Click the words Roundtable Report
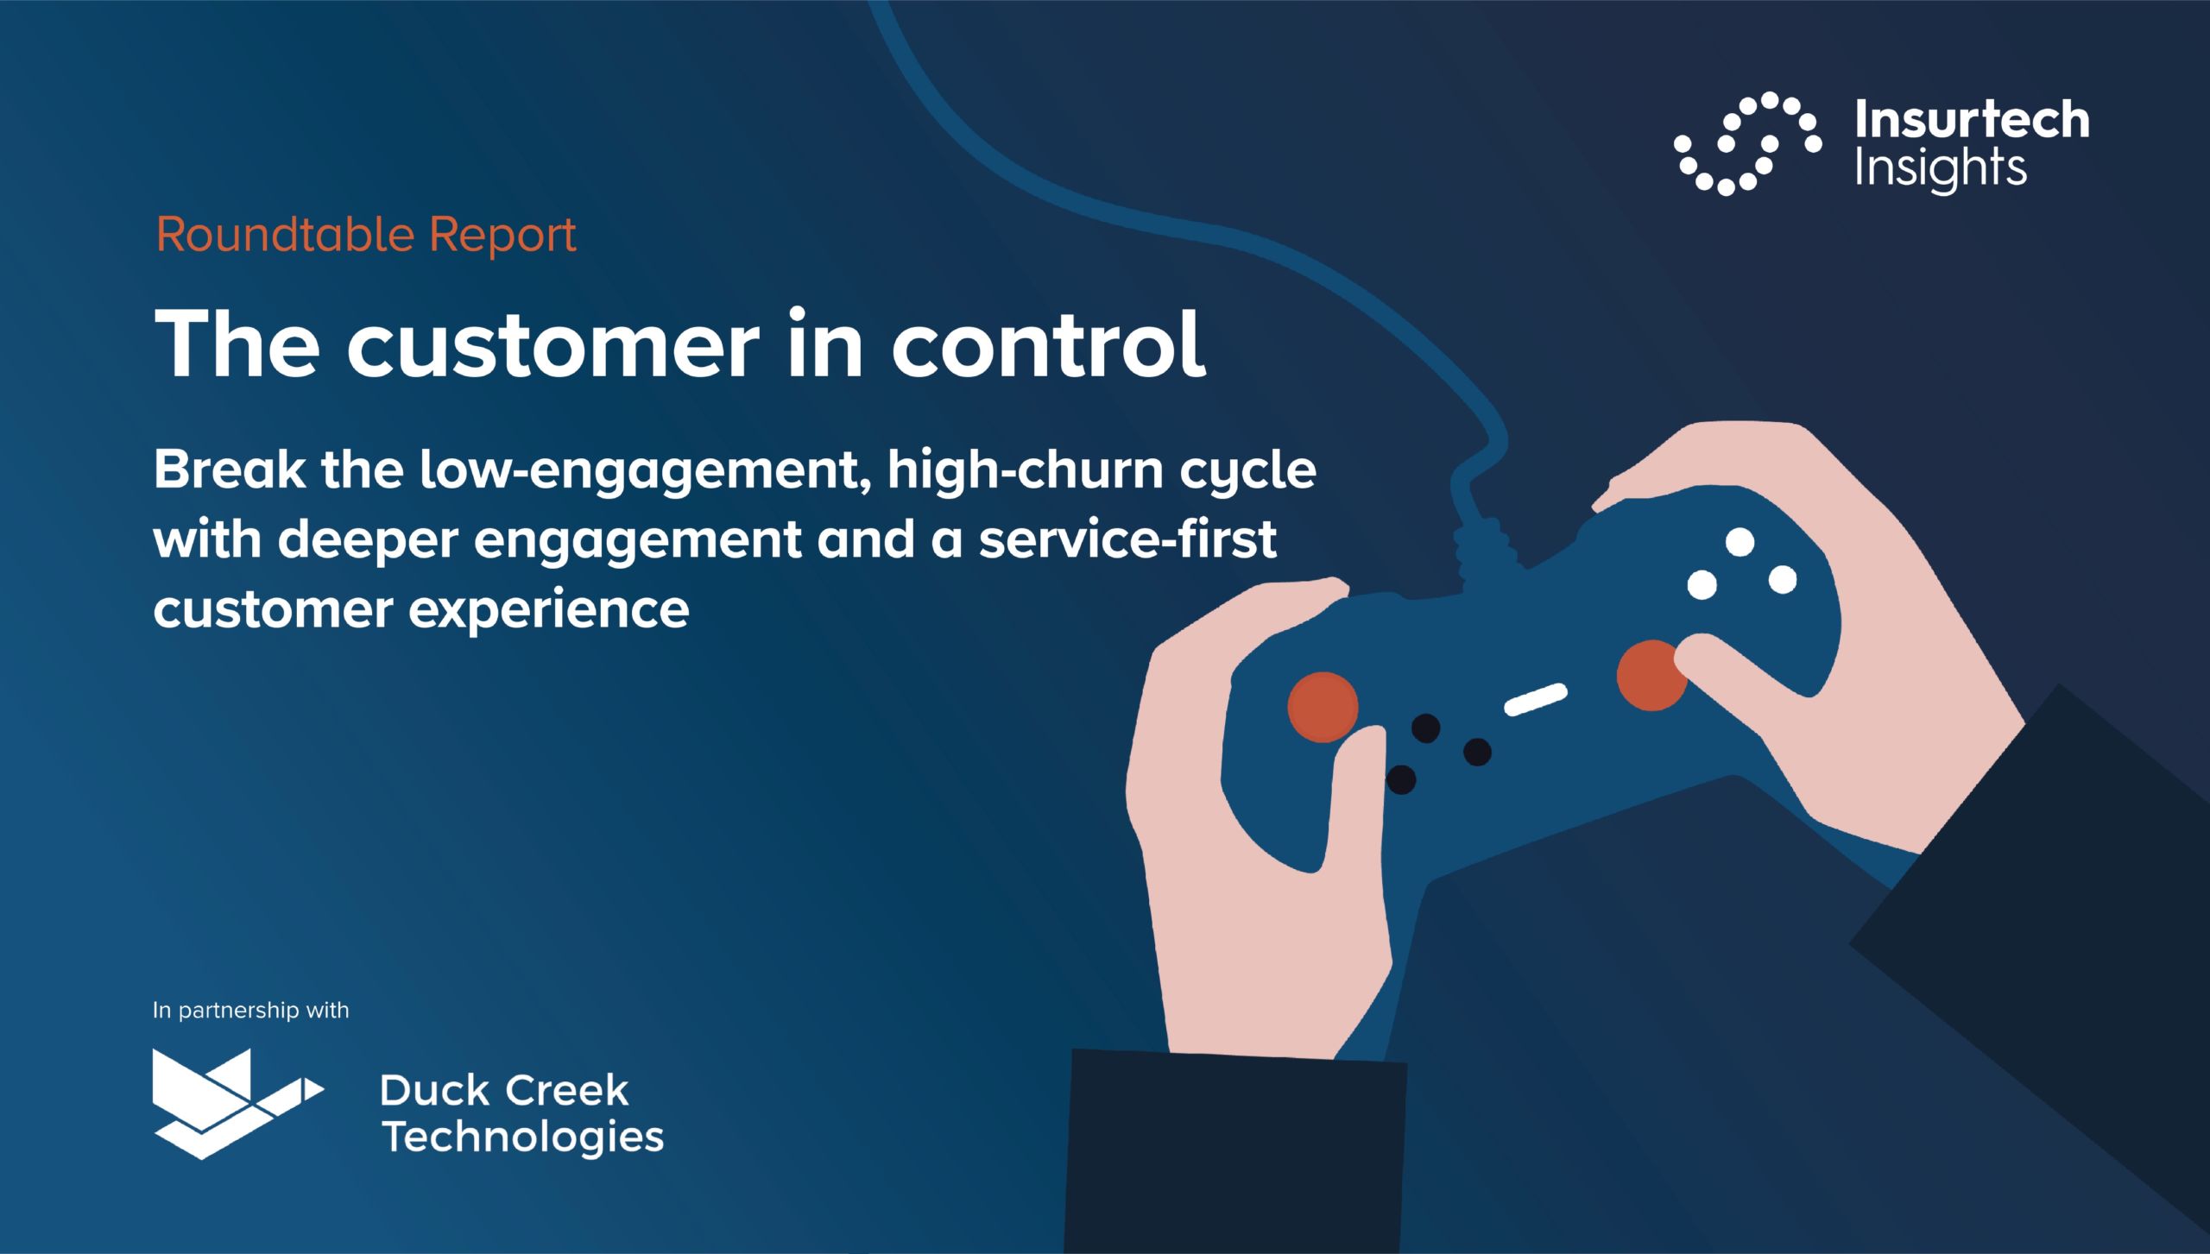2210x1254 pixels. (366, 235)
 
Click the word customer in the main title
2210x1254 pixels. (553, 345)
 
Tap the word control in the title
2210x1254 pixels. (1048, 343)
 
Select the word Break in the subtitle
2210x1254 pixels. (230, 469)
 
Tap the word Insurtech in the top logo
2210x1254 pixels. (1972, 120)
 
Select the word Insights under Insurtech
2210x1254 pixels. (1940, 169)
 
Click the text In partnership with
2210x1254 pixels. (251, 1010)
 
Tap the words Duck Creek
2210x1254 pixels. (504, 1091)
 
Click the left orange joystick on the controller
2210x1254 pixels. (1323, 707)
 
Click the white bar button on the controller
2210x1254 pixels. (1536, 699)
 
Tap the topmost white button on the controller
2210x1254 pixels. (1740, 542)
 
